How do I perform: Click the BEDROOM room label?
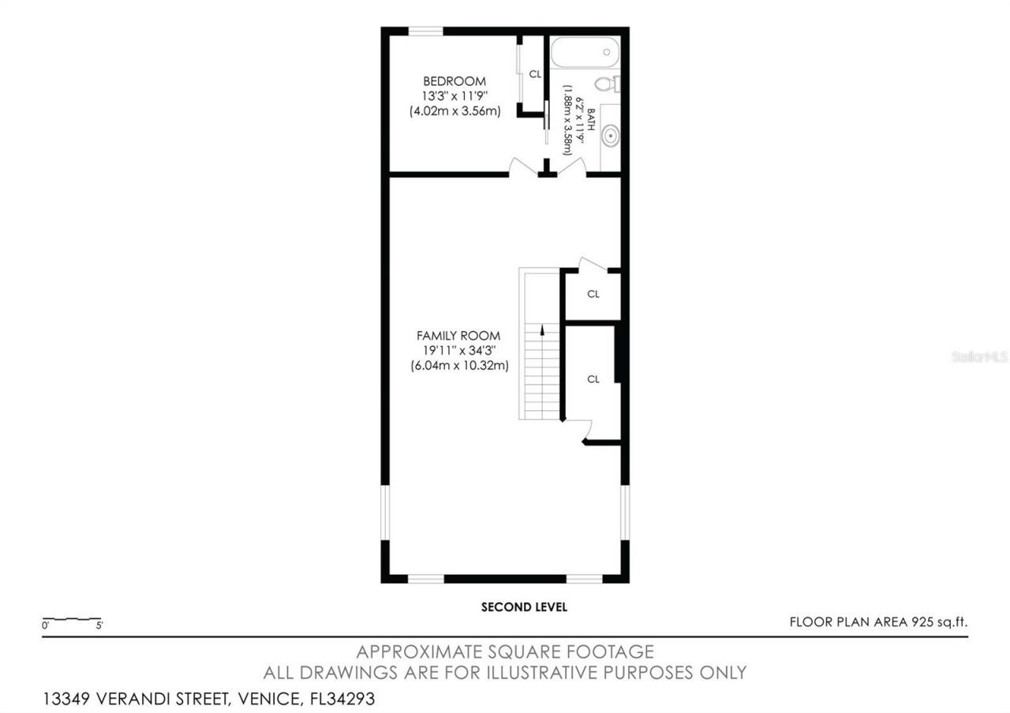click(x=454, y=81)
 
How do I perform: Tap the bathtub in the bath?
click(x=585, y=53)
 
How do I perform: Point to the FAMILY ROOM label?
click(x=458, y=336)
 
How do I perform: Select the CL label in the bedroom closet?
click(x=535, y=74)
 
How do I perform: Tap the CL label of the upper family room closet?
click(x=593, y=294)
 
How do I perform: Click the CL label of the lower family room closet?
click(x=593, y=379)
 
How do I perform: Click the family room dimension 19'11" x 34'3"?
click(x=458, y=351)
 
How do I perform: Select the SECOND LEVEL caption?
click(x=524, y=607)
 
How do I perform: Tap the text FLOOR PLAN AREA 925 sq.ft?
click(x=878, y=622)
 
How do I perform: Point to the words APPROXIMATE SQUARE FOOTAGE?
click(x=505, y=652)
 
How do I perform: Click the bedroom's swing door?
click(x=522, y=166)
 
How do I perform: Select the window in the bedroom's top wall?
click(x=425, y=32)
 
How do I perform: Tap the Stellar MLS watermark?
click(x=979, y=357)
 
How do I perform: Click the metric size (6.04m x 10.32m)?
click(x=458, y=366)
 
